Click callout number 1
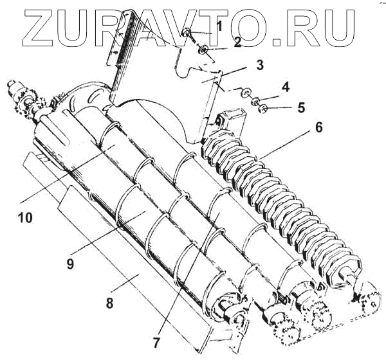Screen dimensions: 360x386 219,27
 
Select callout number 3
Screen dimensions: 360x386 241,65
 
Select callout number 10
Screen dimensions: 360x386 24,218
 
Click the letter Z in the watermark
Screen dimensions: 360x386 44,29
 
